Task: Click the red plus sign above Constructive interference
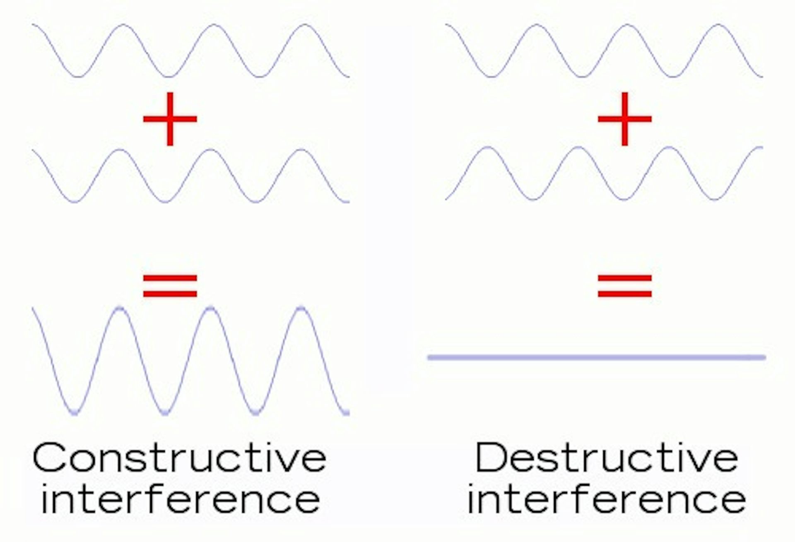coord(170,119)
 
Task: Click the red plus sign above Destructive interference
coord(625,119)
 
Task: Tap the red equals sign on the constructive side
coord(170,285)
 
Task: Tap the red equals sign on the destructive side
coord(625,285)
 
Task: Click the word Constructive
coord(180,458)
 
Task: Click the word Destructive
coord(607,458)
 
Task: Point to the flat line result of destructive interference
coord(596,357)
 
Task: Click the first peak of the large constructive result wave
coord(120,308)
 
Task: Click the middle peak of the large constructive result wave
coord(210,308)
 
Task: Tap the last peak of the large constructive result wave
coord(301,308)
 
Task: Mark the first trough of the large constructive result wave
coord(75,412)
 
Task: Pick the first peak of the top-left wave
coord(123,25)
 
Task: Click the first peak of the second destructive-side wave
coord(489,147)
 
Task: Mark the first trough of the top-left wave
coord(77,77)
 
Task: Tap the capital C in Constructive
coord(49,458)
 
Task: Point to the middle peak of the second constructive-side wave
coord(210,150)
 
